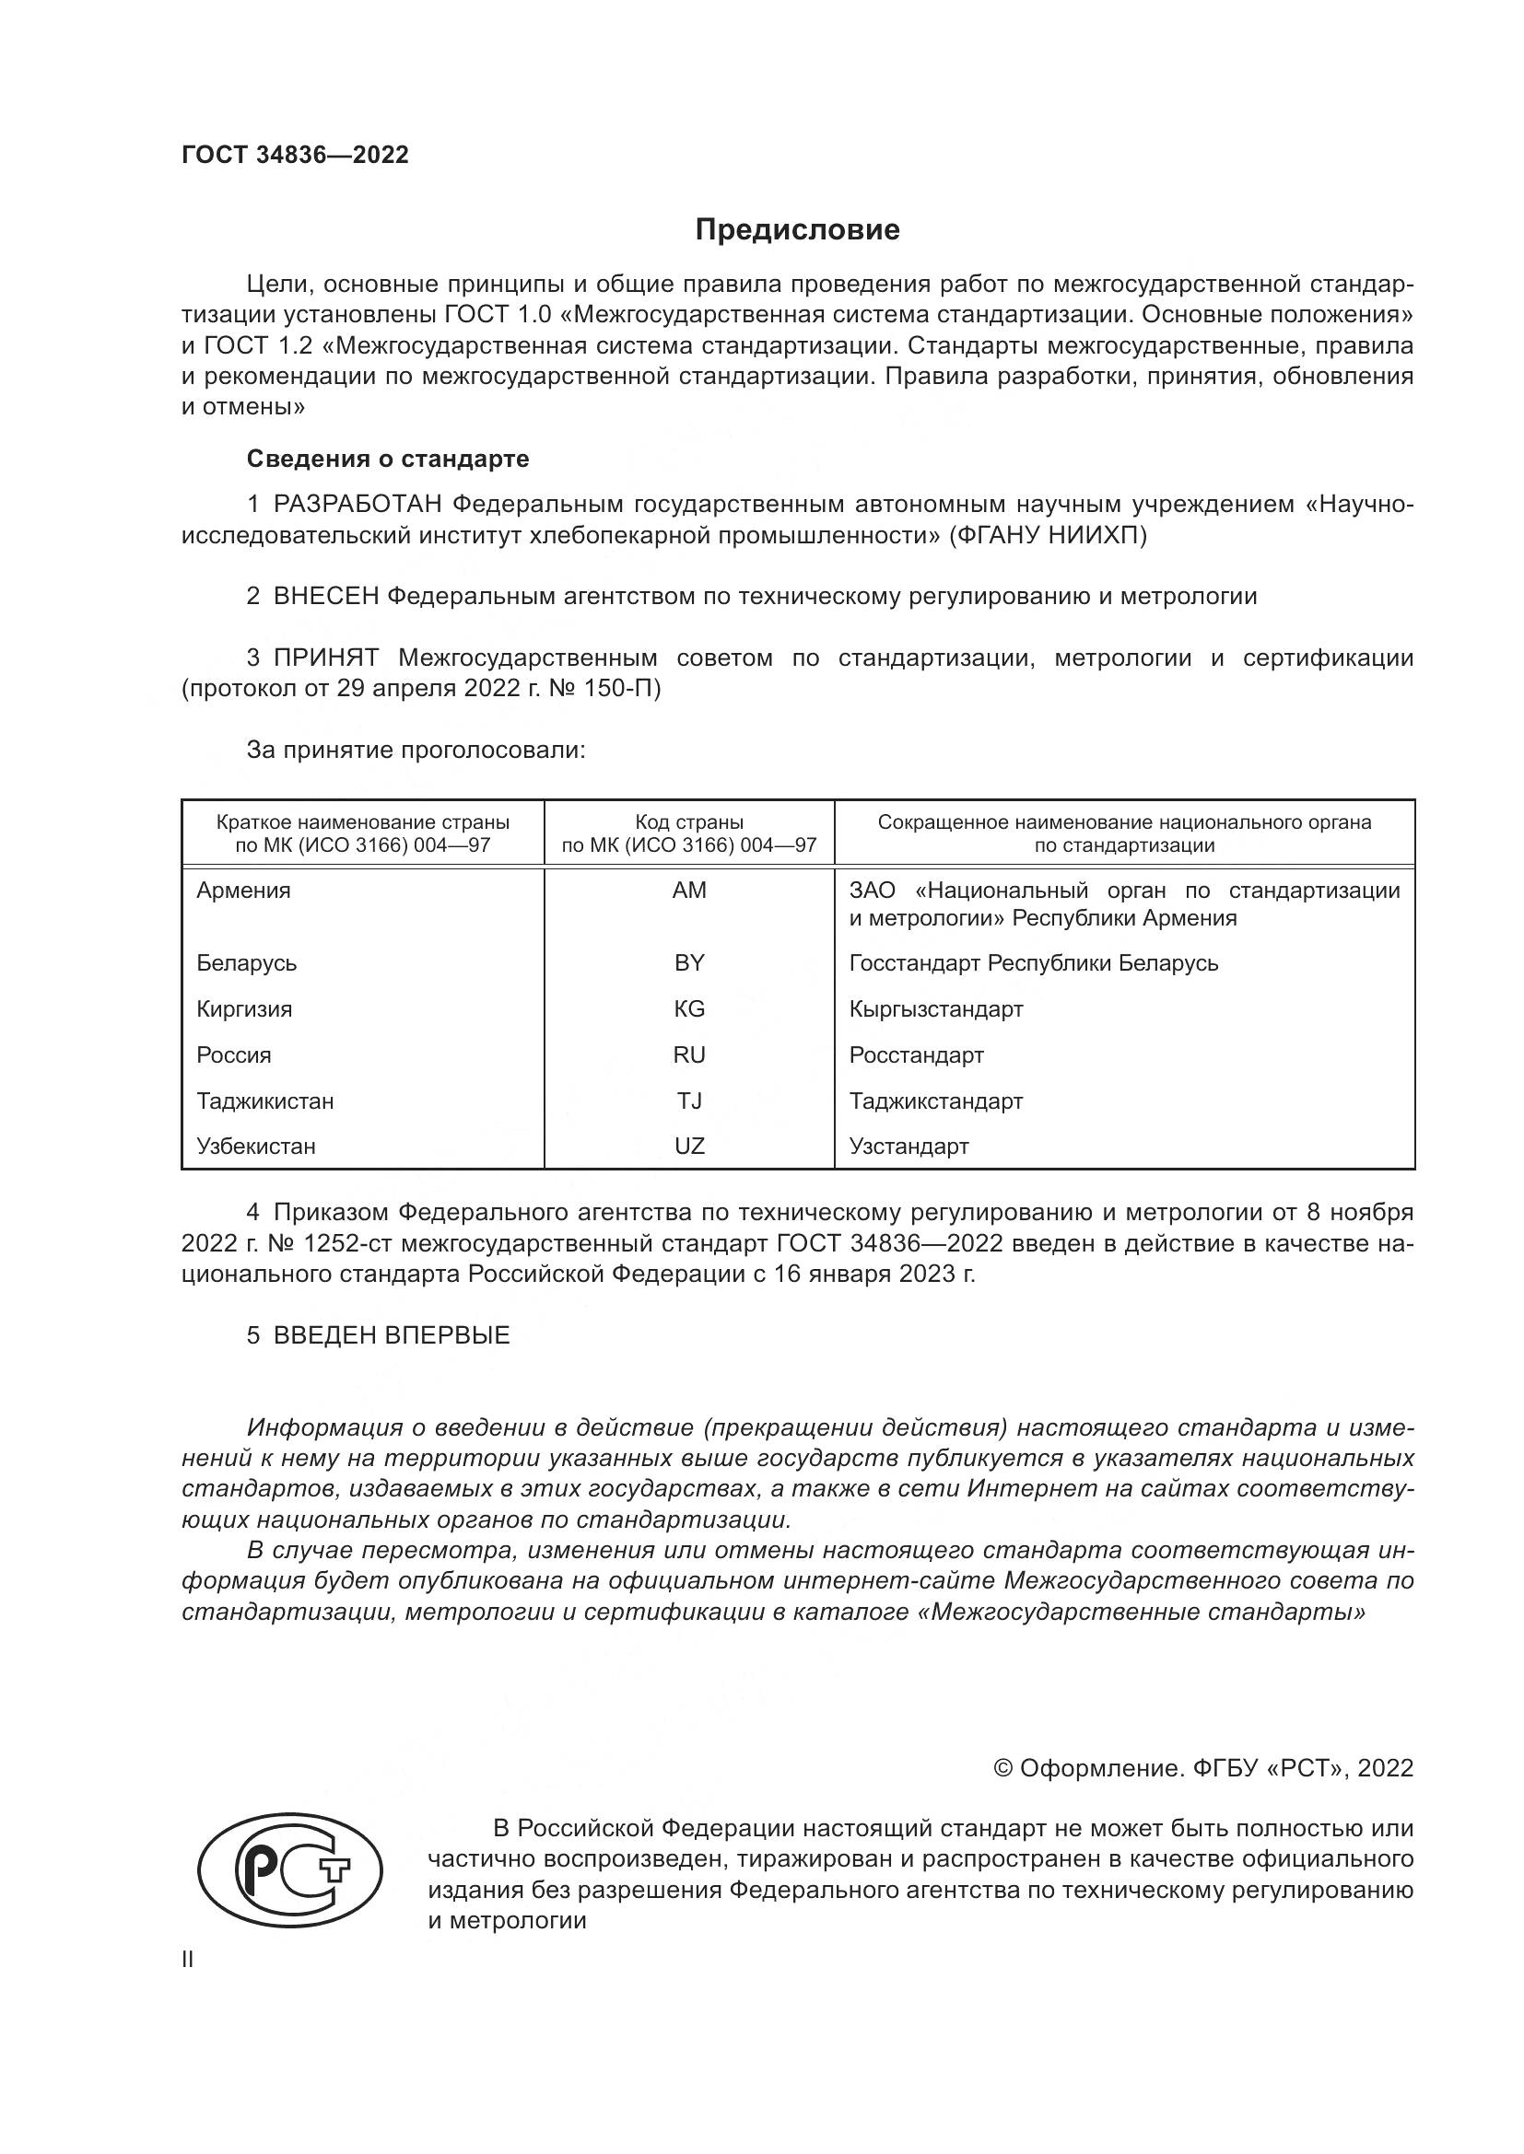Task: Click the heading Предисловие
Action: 797,230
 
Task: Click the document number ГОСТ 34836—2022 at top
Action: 295,155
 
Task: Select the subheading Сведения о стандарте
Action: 388,459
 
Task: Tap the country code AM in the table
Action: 689,891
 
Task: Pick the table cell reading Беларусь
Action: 247,963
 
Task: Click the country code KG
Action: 689,1009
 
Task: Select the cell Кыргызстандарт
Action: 935,1009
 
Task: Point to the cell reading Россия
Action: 234,1055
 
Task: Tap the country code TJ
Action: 689,1101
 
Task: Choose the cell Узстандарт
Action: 909,1147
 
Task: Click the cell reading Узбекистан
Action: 256,1147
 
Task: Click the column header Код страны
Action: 689,822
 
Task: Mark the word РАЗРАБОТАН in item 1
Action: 357,505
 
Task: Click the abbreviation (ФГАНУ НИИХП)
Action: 1048,536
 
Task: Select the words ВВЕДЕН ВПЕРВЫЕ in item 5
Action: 392,1336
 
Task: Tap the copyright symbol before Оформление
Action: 1002,1768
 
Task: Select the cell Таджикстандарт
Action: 935,1101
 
